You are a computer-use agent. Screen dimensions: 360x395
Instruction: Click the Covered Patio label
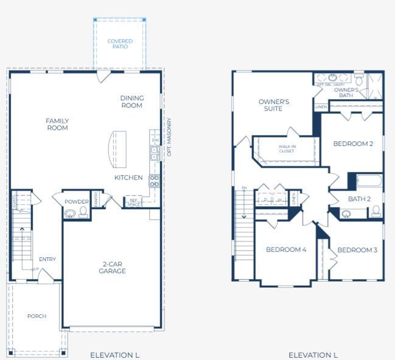120,44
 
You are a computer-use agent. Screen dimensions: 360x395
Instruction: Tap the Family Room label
57,124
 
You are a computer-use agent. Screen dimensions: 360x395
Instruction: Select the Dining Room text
131,102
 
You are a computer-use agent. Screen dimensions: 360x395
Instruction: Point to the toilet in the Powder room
83,212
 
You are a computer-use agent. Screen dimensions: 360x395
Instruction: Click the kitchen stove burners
155,181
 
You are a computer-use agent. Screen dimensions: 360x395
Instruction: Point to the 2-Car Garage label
113,268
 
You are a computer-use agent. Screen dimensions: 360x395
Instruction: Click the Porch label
37,316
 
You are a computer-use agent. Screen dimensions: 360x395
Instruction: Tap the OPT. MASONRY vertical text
170,137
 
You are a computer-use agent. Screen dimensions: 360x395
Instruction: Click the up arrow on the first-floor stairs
23,231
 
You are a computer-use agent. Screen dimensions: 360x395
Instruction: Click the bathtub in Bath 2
368,181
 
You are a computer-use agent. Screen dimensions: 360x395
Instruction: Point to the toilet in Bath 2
376,211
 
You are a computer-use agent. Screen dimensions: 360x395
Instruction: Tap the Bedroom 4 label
285,250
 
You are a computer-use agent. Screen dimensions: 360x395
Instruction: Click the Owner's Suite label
274,105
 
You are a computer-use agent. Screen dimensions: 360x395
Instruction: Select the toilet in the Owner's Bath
359,80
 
